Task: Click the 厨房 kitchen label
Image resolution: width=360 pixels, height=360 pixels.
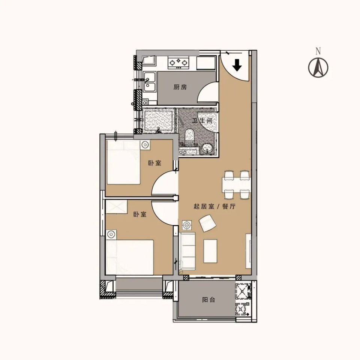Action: pos(180,87)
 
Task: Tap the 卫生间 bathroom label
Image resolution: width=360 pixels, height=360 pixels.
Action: pos(202,120)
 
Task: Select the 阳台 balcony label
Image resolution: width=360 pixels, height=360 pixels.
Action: pos(209,300)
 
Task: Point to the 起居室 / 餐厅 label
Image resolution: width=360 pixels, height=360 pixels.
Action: pos(214,206)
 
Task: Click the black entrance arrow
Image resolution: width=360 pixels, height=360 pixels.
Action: pos(237,65)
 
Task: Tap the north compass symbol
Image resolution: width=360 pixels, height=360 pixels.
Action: pos(318,67)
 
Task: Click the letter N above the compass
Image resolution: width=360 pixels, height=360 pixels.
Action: pos(318,51)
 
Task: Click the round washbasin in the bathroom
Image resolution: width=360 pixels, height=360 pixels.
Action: pos(208,148)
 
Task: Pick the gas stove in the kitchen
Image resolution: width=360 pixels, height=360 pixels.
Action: pos(178,63)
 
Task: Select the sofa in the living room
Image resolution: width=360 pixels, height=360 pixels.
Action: pos(187,251)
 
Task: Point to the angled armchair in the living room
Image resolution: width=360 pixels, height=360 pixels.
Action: pos(208,223)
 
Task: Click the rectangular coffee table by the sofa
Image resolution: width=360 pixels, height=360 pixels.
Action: pos(210,251)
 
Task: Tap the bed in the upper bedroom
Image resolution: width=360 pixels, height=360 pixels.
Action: pos(123,162)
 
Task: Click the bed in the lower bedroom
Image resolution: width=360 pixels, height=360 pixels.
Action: pos(130,257)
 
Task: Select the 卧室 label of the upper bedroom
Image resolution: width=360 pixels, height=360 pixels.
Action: pos(155,163)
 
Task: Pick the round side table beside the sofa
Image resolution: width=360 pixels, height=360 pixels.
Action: pos(187,225)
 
